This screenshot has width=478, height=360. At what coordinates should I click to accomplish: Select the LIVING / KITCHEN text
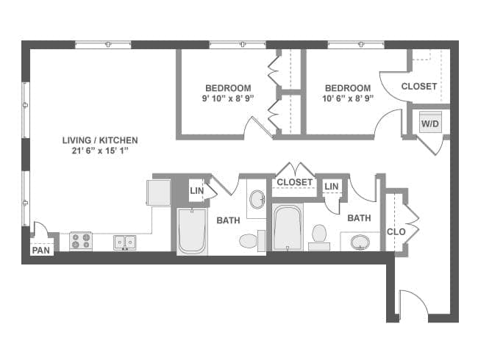(101, 140)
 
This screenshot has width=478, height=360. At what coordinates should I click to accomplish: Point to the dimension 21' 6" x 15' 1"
(101, 151)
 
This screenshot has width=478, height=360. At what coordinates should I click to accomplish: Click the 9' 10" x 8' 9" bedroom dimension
(228, 97)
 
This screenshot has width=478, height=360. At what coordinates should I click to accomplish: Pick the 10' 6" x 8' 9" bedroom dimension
(348, 97)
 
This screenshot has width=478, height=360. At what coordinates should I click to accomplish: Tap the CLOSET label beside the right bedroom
(419, 87)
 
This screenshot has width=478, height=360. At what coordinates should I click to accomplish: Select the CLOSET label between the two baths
(294, 182)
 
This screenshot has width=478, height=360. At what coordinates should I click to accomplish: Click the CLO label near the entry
(396, 232)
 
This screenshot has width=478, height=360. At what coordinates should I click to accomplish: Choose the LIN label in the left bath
(196, 191)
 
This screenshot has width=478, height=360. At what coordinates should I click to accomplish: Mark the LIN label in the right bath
(332, 187)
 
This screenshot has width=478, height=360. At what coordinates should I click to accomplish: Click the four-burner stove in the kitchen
(80, 240)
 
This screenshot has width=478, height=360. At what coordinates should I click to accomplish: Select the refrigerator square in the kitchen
(158, 192)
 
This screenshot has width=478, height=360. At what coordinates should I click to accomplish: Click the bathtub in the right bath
(286, 228)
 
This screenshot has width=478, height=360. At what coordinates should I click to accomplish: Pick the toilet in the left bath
(249, 240)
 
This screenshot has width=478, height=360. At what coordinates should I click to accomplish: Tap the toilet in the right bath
(319, 235)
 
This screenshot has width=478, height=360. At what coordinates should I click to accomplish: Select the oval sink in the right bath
(360, 241)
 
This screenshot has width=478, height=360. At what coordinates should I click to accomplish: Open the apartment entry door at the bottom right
(412, 305)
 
